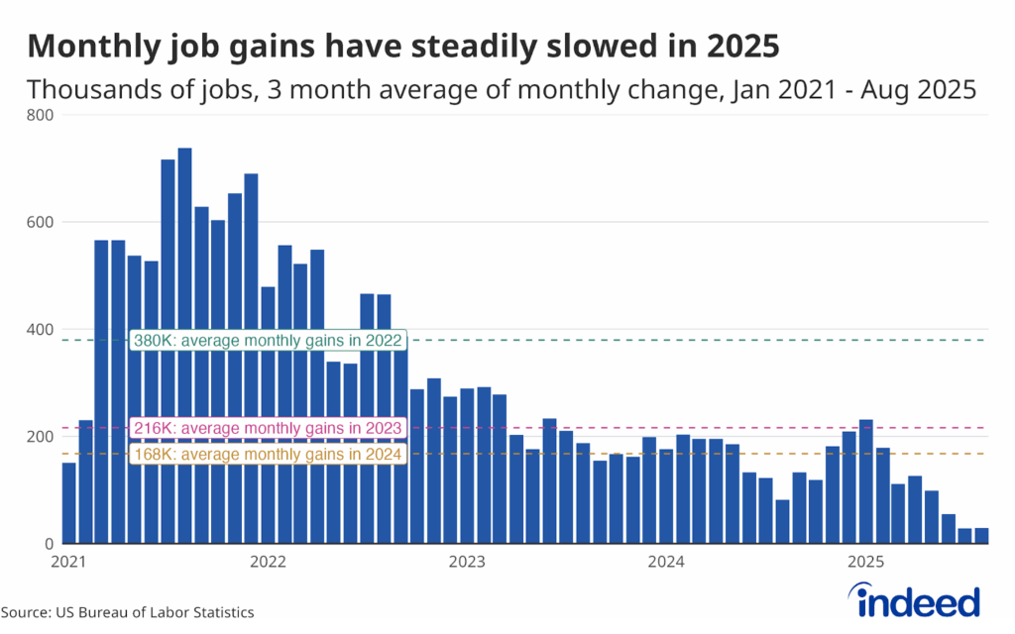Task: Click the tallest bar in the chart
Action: click(184, 346)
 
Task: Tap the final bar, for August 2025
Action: click(981, 536)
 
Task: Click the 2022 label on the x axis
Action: click(269, 563)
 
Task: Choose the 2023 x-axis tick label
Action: click(467, 563)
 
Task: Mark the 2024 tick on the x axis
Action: click(667, 563)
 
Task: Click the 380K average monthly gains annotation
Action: click(268, 340)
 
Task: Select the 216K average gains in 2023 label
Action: click(268, 428)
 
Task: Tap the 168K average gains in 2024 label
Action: click(268, 455)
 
